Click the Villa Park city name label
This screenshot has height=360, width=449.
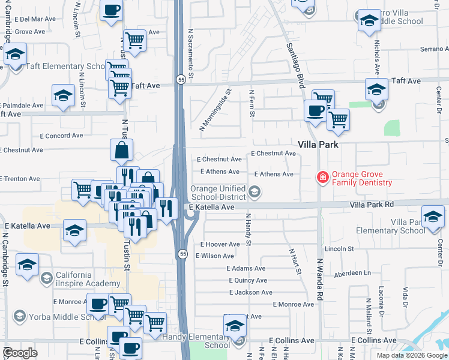click(319, 145)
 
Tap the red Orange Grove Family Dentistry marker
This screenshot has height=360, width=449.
click(322, 177)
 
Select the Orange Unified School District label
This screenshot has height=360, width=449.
click(217, 192)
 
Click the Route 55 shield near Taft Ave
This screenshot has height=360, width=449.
click(181, 79)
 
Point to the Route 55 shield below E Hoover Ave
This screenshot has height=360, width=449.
click(181, 254)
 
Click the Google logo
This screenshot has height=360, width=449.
click(20, 353)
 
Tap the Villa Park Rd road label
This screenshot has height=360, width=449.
click(372, 204)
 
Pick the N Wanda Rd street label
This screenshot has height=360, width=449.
click(320, 279)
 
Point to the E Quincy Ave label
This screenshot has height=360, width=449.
click(248, 280)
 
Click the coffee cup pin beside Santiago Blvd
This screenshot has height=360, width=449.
click(316, 110)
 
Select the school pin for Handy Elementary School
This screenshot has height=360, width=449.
click(235, 326)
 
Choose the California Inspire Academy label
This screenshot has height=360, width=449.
click(88, 279)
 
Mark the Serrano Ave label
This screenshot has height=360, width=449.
click(434, 49)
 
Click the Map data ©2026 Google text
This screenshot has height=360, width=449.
click(412, 355)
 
